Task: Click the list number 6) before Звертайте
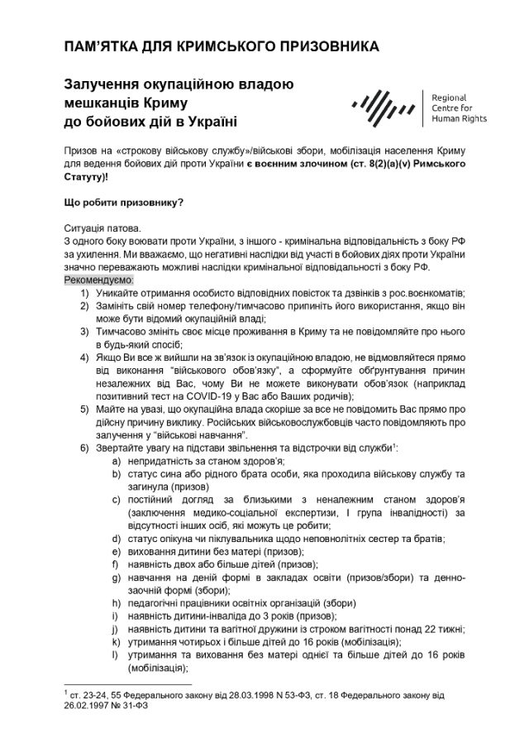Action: [x=86, y=448]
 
